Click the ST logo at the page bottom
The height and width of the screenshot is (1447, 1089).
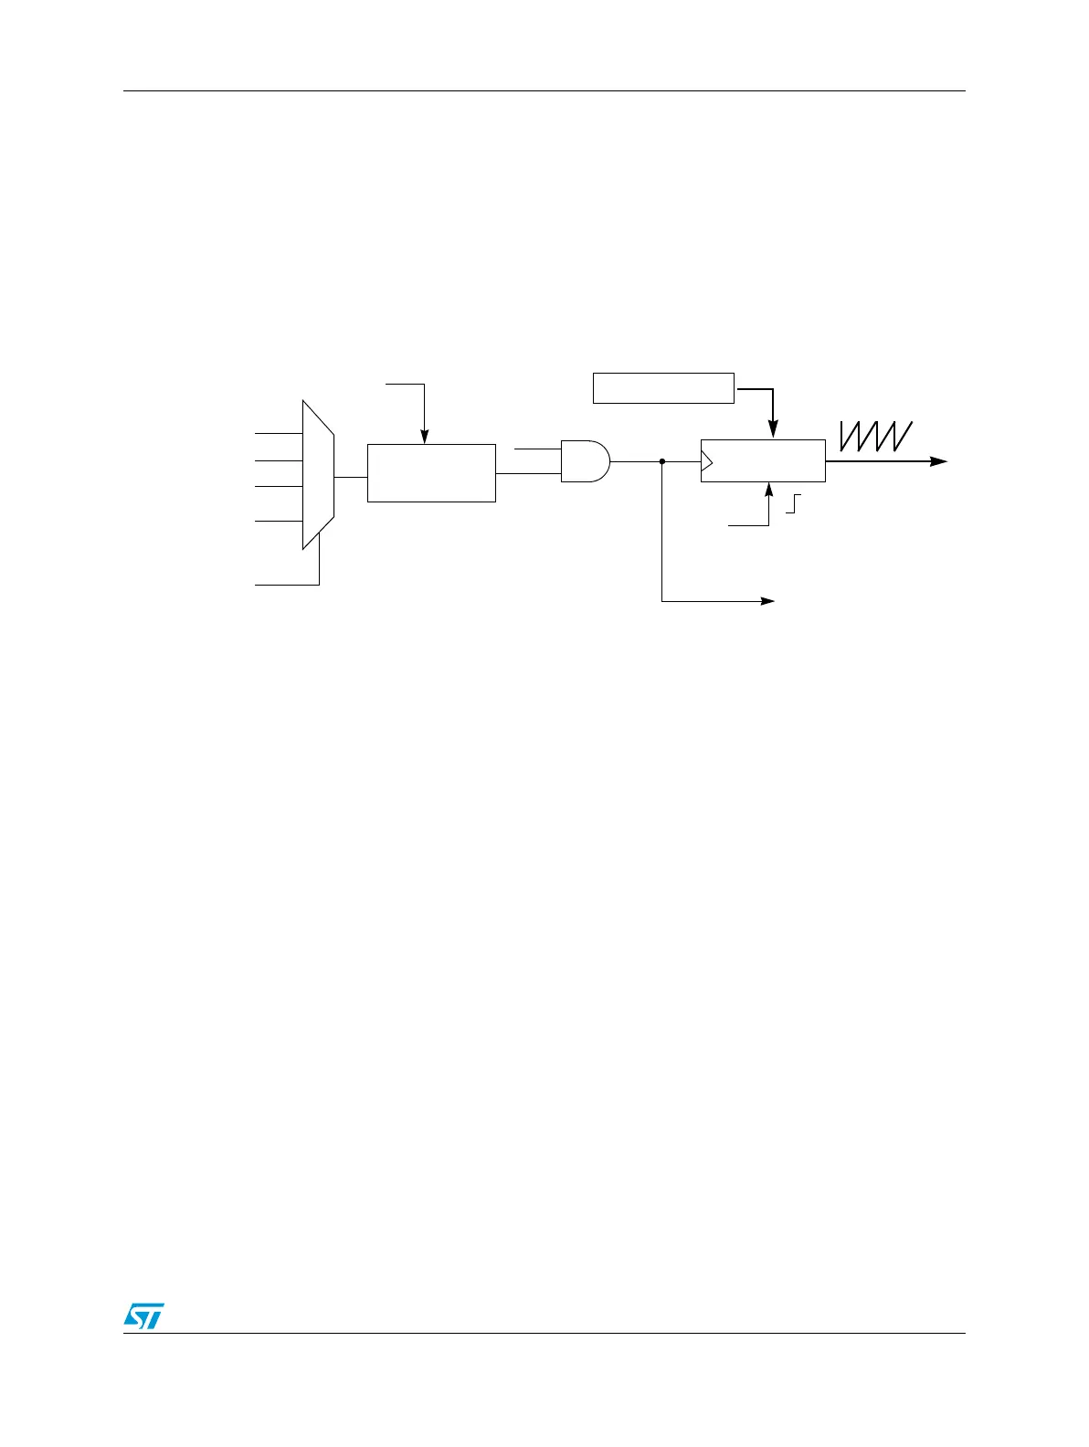(143, 1315)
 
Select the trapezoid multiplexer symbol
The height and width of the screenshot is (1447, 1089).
(318, 475)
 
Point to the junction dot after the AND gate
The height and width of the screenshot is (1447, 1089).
(661, 461)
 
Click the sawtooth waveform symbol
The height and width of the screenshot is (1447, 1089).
(875, 436)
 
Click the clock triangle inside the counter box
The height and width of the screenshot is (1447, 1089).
(706, 461)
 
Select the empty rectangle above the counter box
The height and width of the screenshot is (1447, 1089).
(663, 387)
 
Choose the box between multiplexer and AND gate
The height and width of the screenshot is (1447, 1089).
(431, 473)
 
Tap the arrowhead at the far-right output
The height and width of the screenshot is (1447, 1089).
(939, 461)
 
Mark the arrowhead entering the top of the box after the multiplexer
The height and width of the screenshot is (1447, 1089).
(424, 438)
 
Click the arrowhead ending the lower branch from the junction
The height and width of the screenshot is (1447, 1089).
(767, 601)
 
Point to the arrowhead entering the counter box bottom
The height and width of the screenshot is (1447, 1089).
(768, 489)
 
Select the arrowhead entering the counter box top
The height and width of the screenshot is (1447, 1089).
(773, 430)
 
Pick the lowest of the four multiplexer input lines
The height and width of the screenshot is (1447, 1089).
(278, 521)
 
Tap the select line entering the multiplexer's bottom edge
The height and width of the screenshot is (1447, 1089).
(287, 584)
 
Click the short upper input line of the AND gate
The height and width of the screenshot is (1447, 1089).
(537, 449)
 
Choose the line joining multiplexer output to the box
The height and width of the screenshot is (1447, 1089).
(351, 476)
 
